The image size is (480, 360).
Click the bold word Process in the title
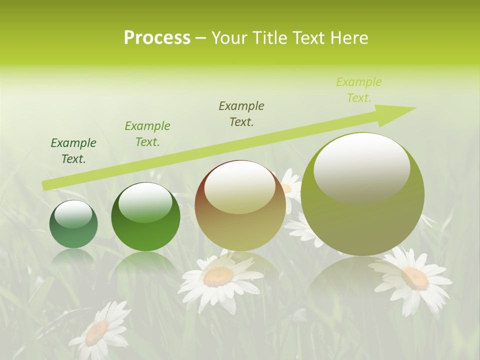coord(157,38)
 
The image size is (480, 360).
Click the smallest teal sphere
coord(73,224)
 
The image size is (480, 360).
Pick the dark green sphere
coord(145,217)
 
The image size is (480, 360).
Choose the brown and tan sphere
coord(240,205)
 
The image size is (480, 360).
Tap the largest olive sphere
coord(362,194)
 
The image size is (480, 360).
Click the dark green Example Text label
coord(73,151)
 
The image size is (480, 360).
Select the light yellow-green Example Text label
coord(359,90)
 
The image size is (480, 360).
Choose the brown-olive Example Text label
coord(241,114)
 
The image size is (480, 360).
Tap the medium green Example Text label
coord(147,134)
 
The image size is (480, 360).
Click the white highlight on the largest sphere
coord(361,167)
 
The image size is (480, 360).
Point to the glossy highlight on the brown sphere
coord(240,187)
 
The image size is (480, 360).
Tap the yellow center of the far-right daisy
coord(415,278)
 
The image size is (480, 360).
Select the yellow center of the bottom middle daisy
coord(219,276)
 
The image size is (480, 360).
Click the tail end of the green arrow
coord(45,185)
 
